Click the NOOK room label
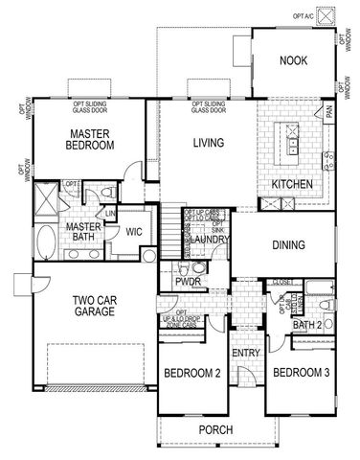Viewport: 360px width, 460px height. (x=293, y=61)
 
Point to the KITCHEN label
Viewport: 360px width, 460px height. (x=290, y=183)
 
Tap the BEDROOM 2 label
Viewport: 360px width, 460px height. (x=192, y=373)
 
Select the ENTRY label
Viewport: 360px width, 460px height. (x=246, y=354)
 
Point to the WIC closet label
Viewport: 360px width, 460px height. (x=134, y=231)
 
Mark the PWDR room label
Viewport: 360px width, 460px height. (x=187, y=281)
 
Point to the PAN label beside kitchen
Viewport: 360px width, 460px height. (x=328, y=113)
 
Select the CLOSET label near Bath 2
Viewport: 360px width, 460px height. (x=281, y=283)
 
